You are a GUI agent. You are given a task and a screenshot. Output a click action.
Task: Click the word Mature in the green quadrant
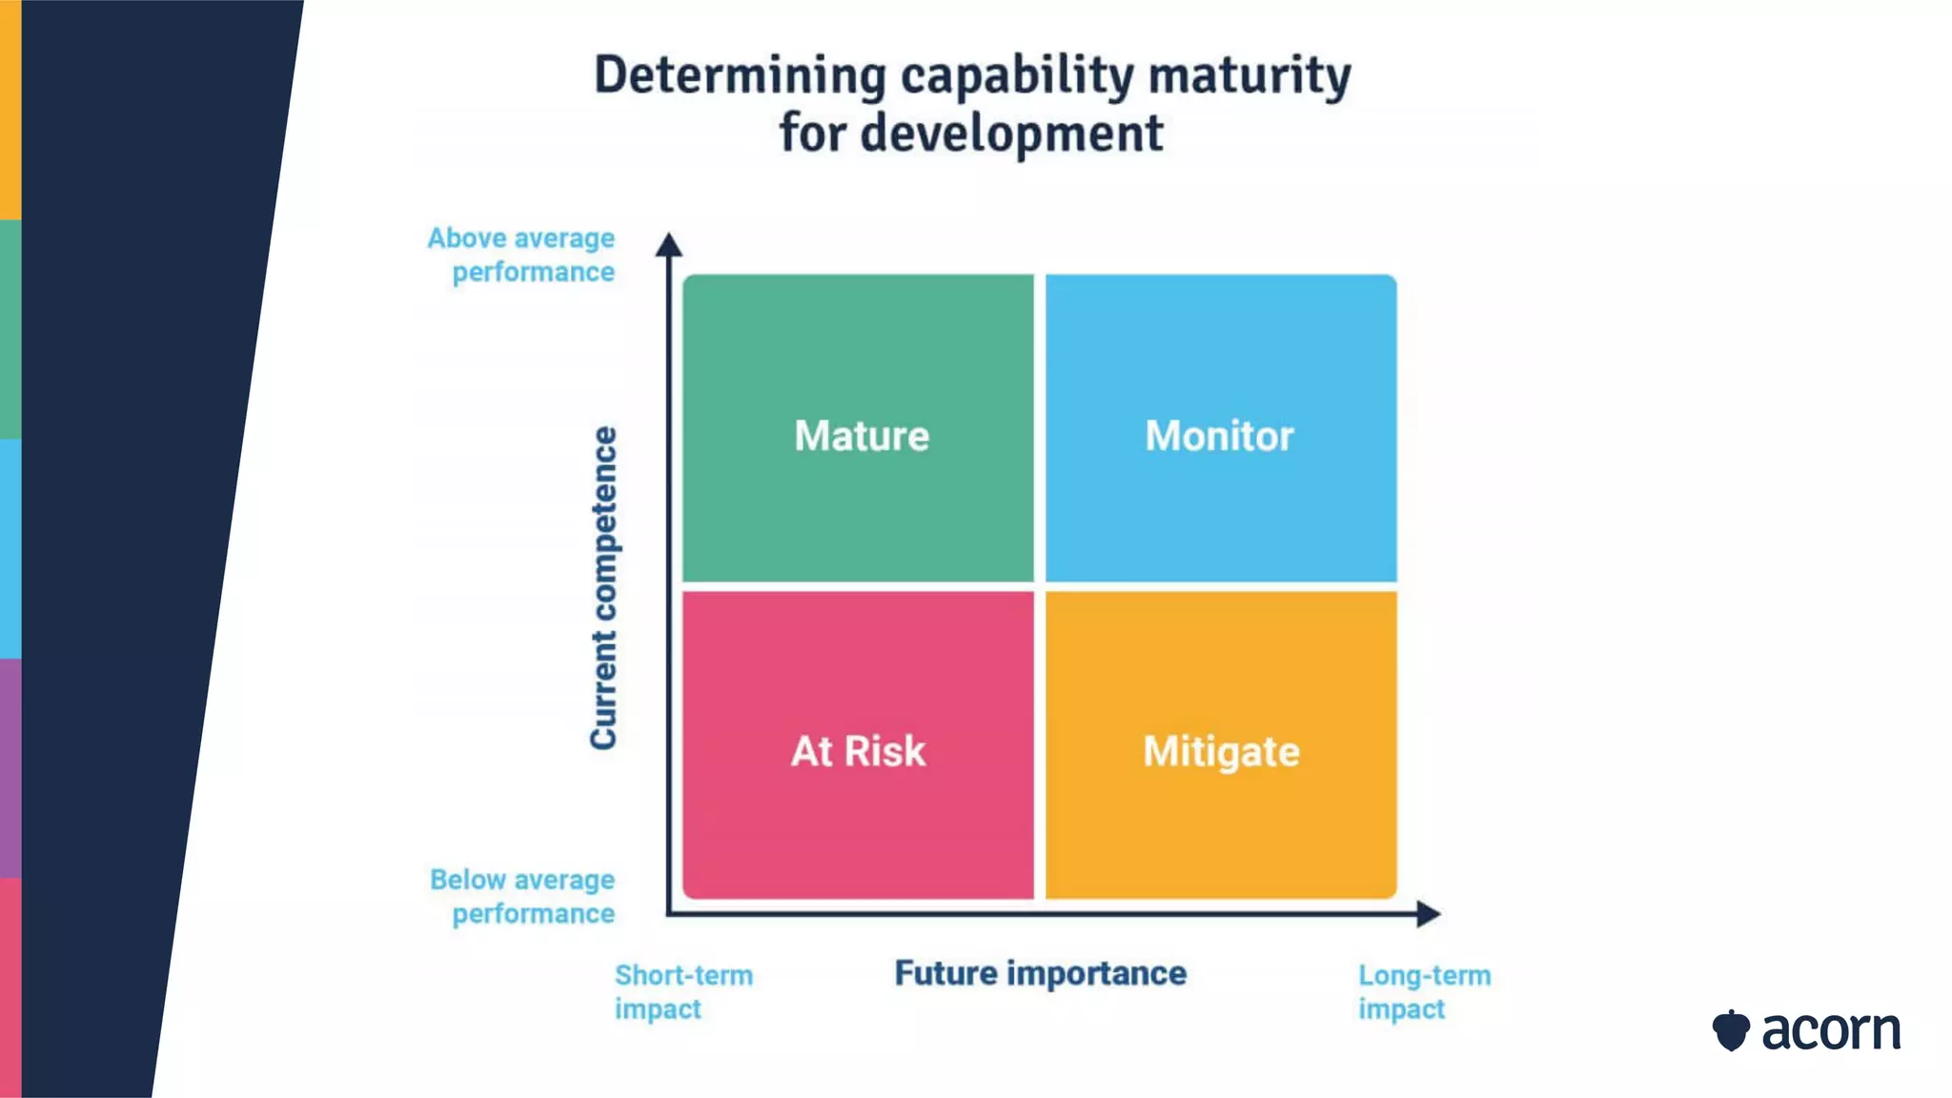(x=862, y=436)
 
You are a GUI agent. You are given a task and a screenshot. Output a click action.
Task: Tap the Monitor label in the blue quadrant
(x=1219, y=436)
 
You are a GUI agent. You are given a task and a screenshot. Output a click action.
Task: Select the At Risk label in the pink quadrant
(x=858, y=751)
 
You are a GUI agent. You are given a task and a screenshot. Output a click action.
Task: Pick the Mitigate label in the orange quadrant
(x=1221, y=752)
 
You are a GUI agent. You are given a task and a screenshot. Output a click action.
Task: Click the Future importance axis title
(x=1040, y=973)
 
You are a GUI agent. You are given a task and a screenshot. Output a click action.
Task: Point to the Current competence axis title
(x=603, y=587)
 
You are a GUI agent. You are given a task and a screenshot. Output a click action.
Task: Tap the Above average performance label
(x=522, y=254)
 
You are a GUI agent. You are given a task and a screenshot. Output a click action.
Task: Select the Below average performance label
(x=523, y=896)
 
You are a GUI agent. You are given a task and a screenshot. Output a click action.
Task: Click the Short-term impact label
(x=682, y=991)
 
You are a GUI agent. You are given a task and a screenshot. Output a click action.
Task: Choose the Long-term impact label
(x=1424, y=991)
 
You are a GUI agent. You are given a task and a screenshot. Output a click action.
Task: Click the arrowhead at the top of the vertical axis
(x=669, y=244)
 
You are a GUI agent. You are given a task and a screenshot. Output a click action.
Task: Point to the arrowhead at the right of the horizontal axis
(x=1428, y=914)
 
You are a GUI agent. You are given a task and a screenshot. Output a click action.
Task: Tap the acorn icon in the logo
(x=1731, y=1030)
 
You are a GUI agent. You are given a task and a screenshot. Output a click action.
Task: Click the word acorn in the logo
(x=1831, y=1030)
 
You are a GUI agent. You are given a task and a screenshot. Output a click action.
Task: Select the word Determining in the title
(x=740, y=76)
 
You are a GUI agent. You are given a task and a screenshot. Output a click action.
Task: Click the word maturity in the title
(x=1250, y=76)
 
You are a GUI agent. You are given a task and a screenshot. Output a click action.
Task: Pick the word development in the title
(x=1011, y=133)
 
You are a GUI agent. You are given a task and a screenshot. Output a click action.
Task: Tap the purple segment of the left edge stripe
(x=10, y=767)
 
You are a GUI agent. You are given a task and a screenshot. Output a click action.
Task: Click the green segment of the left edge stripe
(x=10, y=329)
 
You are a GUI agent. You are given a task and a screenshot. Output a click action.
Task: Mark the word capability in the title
(x=1017, y=76)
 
